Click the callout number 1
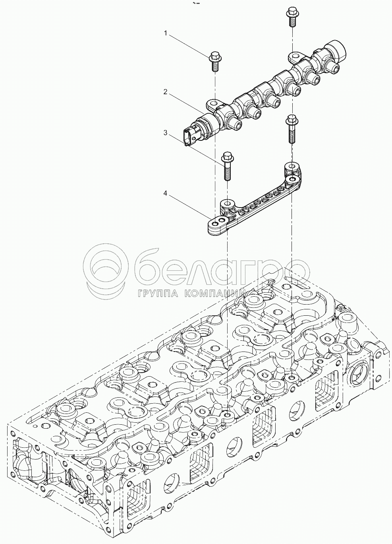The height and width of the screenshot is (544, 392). point(166,33)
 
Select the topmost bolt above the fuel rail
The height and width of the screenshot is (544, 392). point(291,17)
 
